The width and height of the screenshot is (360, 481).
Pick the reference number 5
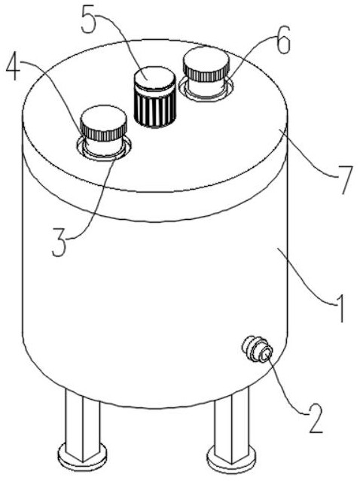point(88,19)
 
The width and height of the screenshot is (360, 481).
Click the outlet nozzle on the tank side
point(257,349)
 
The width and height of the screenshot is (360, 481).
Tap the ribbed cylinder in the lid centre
point(154,97)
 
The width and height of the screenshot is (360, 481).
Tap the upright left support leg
point(83,424)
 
